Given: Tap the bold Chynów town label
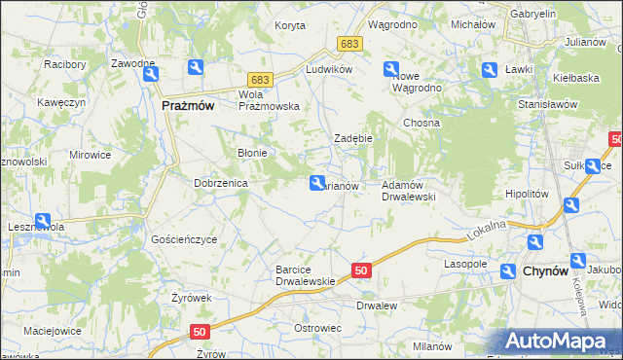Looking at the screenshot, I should (x=546, y=271).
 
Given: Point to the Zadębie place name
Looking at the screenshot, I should (x=354, y=138).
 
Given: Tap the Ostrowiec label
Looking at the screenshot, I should (x=317, y=328).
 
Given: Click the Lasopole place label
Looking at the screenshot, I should (x=465, y=264).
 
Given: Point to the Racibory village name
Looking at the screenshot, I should (x=65, y=65).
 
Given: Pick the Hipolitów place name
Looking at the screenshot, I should (x=528, y=194).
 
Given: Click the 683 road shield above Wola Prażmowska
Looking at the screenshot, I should (x=259, y=79).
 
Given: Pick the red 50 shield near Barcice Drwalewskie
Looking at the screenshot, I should (x=361, y=270).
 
